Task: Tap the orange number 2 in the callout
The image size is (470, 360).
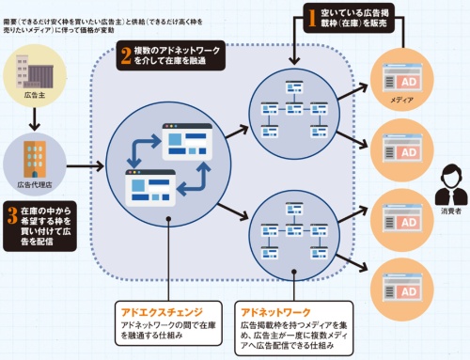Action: pyautogui.click(x=126, y=55)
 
